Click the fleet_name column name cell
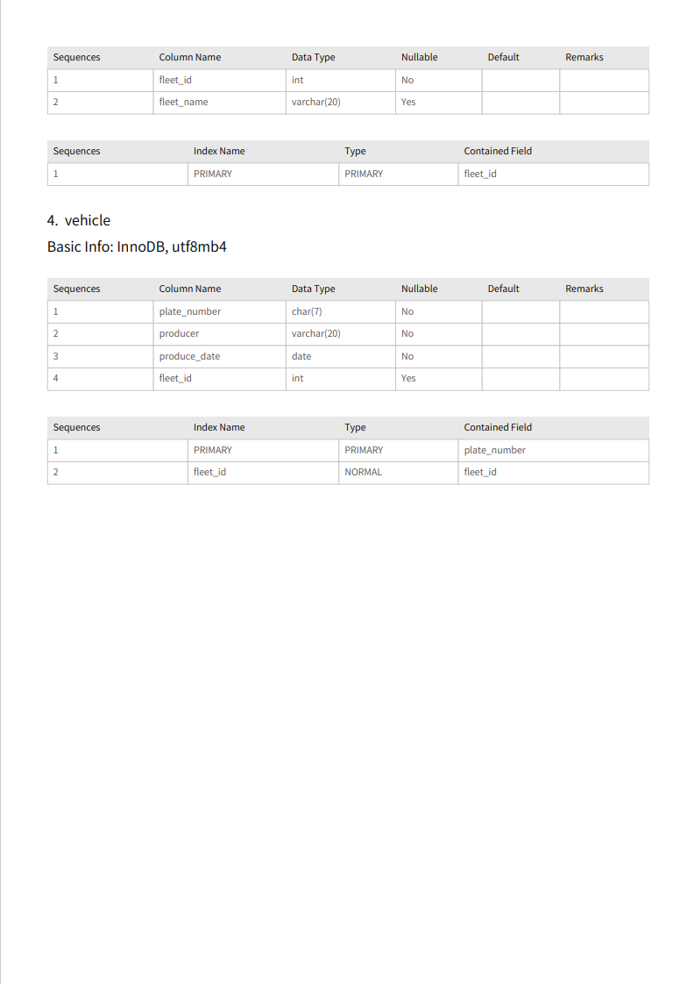coord(183,102)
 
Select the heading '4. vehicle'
coord(79,220)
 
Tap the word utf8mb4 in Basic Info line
coord(199,246)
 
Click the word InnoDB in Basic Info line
coord(140,246)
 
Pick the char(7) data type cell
coord(307,311)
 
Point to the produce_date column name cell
coord(189,356)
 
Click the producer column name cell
coord(179,333)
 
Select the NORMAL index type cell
coord(363,472)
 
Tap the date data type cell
coord(301,356)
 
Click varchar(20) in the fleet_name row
coord(315,102)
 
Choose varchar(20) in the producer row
coord(315,333)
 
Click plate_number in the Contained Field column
coord(494,450)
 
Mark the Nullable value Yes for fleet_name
coord(408,102)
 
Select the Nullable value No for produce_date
coord(407,356)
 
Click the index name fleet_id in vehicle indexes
coord(209,472)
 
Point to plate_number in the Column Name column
coord(189,311)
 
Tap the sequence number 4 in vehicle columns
coord(56,378)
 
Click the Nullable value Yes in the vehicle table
coord(408,378)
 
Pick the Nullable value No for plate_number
coord(407,311)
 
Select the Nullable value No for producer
coord(407,333)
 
